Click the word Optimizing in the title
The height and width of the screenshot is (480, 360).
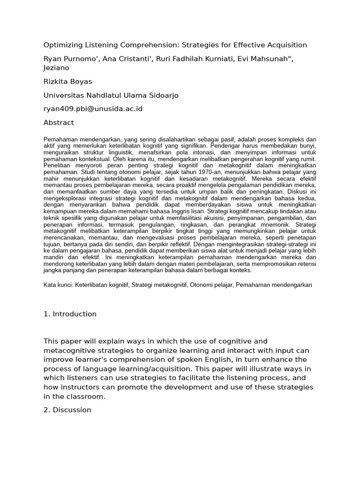[62, 45]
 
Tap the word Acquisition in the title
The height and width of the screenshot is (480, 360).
[287, 45]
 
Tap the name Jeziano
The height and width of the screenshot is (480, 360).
[57, 67]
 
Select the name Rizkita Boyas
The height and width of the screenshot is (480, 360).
[67, 82]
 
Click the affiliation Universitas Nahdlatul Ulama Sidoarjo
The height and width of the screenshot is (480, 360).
[111, 96]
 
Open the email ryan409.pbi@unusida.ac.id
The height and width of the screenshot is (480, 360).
[93, 109]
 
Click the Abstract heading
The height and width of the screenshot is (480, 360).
[59, 123]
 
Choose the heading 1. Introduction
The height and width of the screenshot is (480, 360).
[70, 314]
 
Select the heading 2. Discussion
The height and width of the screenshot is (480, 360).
[67, 410]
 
